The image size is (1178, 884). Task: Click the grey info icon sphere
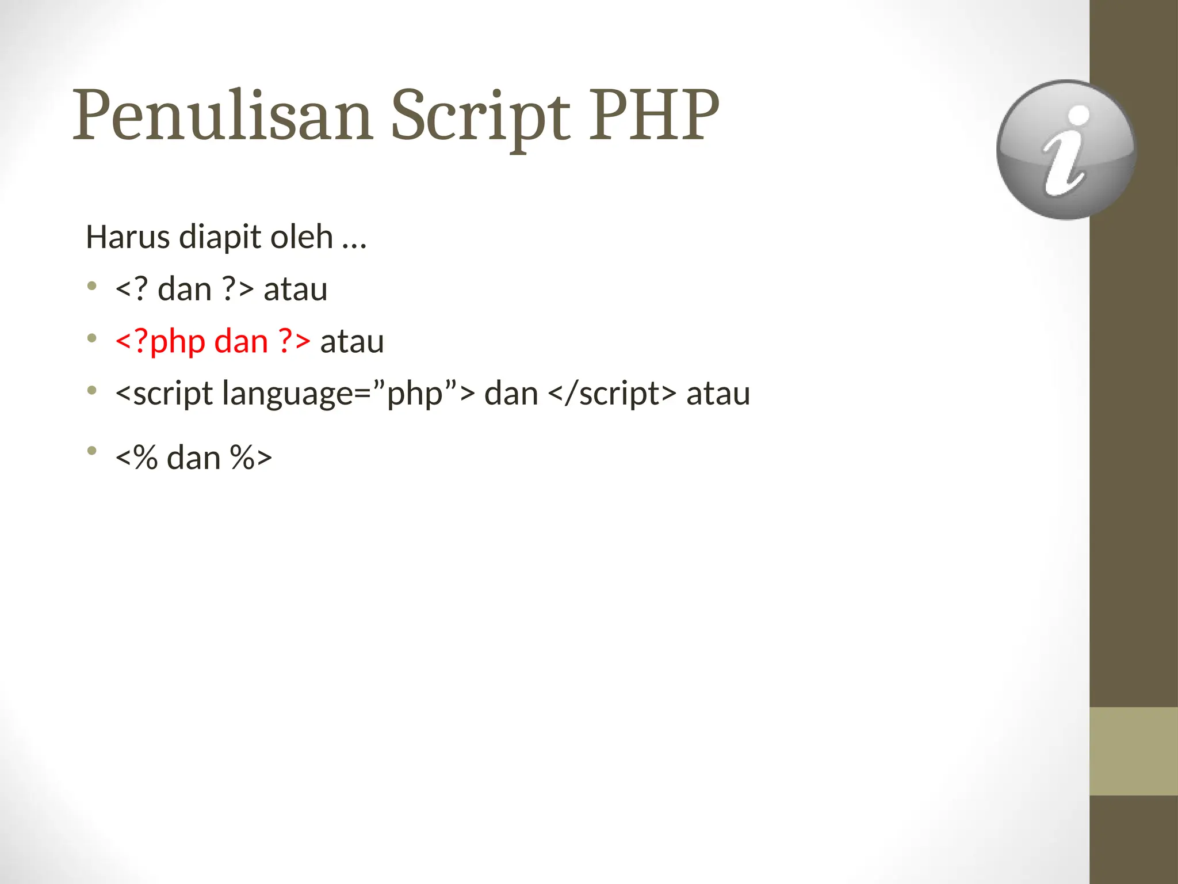click(1066, 150)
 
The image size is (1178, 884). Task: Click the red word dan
click(241, 341)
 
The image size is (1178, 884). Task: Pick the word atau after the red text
click(351, 341)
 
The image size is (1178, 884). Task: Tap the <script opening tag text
click(164, 394)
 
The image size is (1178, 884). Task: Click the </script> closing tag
click(612, 394)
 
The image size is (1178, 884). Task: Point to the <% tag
click(136, 458)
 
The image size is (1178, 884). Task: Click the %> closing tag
click(250, 458)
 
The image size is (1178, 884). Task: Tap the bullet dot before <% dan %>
click(92, 451)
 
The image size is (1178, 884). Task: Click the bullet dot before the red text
click(92, 338)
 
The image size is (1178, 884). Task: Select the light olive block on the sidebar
click(1133, 751)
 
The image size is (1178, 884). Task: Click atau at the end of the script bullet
click(718, 394)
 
